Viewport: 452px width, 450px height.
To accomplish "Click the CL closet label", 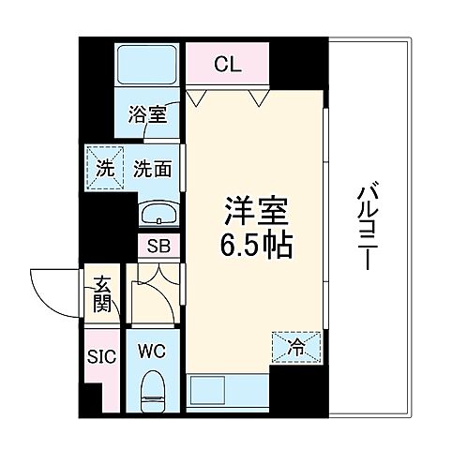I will (x=225, y=66).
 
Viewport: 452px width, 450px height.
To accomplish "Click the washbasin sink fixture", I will (x=160, y=216).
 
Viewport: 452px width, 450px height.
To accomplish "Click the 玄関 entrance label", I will (x=101, y=293).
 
